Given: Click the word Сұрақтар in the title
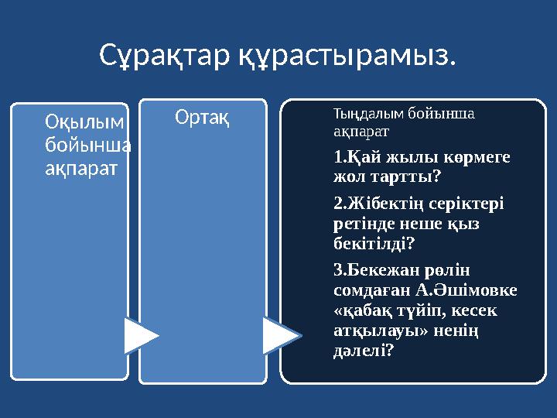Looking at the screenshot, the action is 165,57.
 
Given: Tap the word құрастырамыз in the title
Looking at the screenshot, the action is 343,57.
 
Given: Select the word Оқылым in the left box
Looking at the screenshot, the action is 84,122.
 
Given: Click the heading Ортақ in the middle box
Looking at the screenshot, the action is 202,118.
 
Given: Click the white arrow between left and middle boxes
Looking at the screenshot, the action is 142,336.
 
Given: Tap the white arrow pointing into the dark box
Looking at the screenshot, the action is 282,335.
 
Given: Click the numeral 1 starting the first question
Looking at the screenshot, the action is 337,157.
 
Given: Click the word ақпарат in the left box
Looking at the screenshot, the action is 81,169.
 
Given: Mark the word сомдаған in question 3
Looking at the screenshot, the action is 372,290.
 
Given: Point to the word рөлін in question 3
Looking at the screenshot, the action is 447,271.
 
